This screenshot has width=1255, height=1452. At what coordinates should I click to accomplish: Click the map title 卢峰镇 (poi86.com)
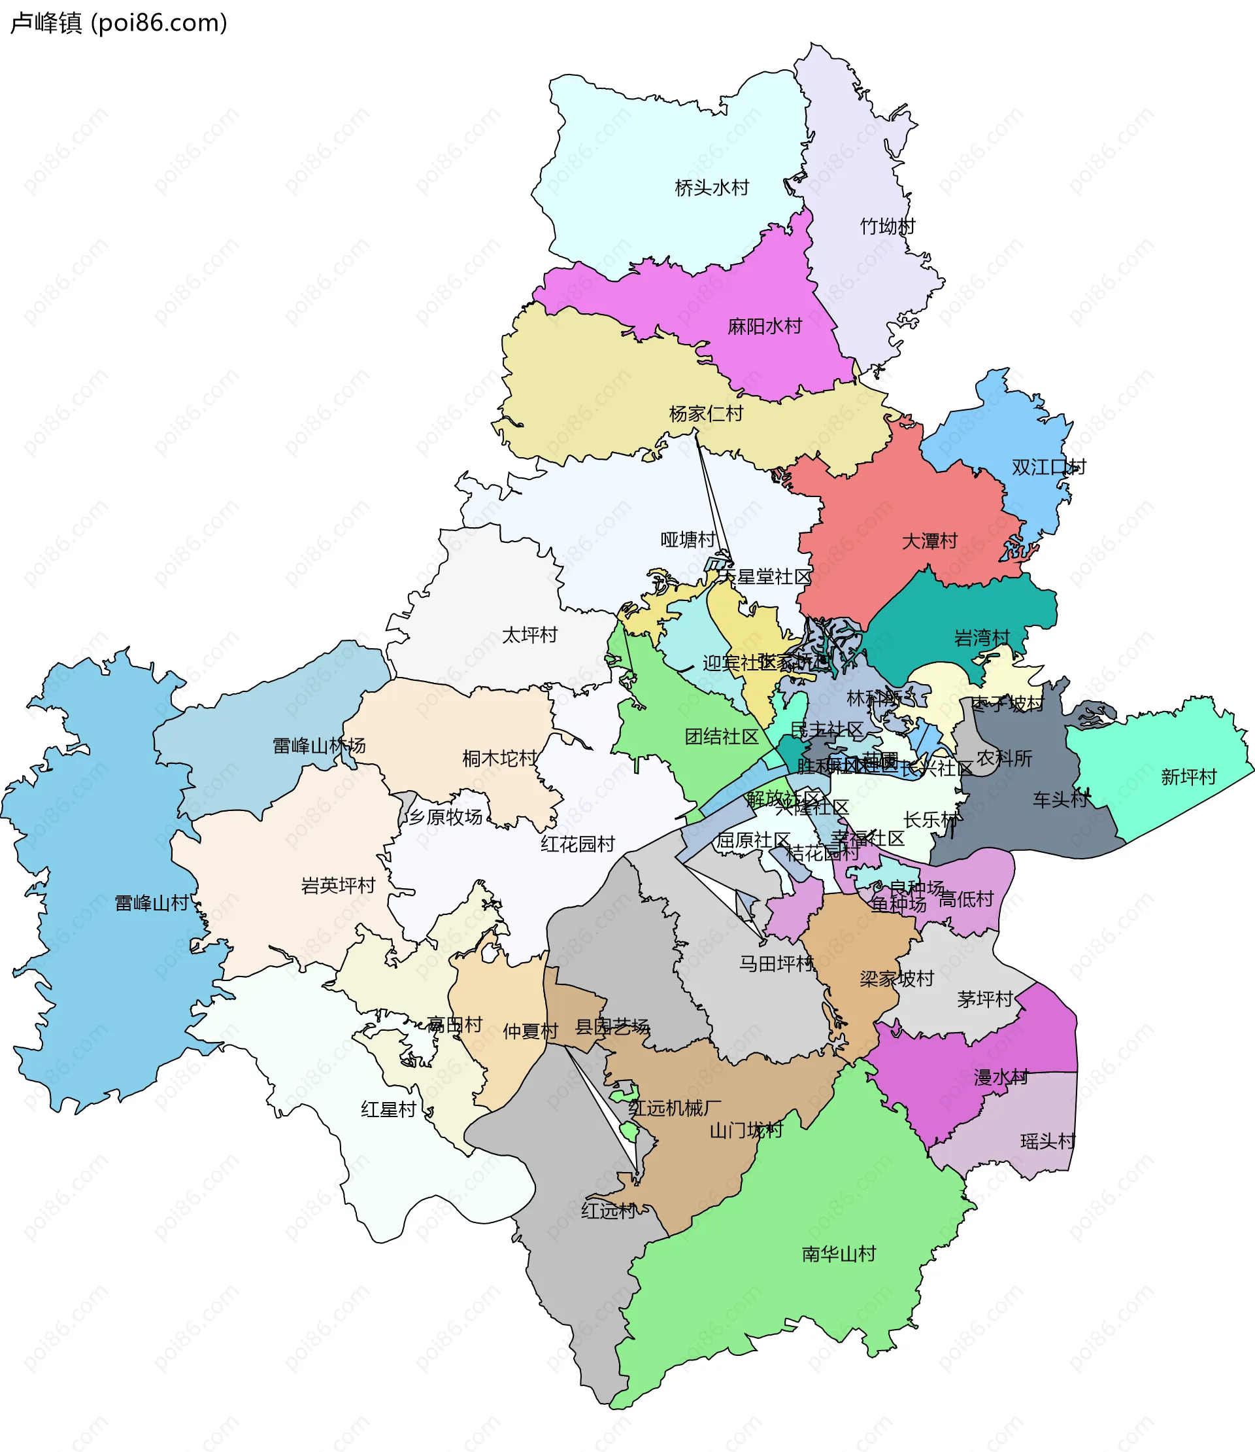tap(119, 23)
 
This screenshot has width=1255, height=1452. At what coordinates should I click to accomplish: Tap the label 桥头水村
tap(712, 188)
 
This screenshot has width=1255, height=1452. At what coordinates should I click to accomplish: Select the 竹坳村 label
tap(888, 226)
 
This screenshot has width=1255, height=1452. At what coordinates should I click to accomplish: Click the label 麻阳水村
tap(765, 326)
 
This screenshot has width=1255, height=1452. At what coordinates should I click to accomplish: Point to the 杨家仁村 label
tap(706, 414)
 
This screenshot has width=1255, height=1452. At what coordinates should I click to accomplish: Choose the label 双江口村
tap(1048, 468)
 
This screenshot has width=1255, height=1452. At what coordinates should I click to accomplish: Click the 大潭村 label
tap(929, 542)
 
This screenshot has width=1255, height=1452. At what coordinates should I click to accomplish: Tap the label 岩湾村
tap(982, 638)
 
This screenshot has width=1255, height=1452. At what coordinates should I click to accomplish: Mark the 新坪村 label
tap(1188, 777)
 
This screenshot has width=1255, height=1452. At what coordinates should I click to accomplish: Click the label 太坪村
tap(529, 636)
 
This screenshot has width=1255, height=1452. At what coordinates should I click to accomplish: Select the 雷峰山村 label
tap(152, 903)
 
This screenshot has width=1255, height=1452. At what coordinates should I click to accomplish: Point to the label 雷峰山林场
tap(319, 746)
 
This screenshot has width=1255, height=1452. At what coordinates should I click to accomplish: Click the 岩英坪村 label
tap(339, 886)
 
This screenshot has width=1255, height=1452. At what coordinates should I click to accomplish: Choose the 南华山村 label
tap(838, 1254)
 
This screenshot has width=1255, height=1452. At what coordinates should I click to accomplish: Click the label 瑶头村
tap(1048, 1141)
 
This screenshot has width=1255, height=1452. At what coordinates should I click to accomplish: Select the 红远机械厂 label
tap(675, 1108)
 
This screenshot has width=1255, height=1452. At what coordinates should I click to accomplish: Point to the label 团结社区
tap(722, 736)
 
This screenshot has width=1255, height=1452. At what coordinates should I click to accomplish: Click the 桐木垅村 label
tap(499, 758)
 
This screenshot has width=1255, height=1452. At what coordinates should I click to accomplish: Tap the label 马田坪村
tap(776, 964)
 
